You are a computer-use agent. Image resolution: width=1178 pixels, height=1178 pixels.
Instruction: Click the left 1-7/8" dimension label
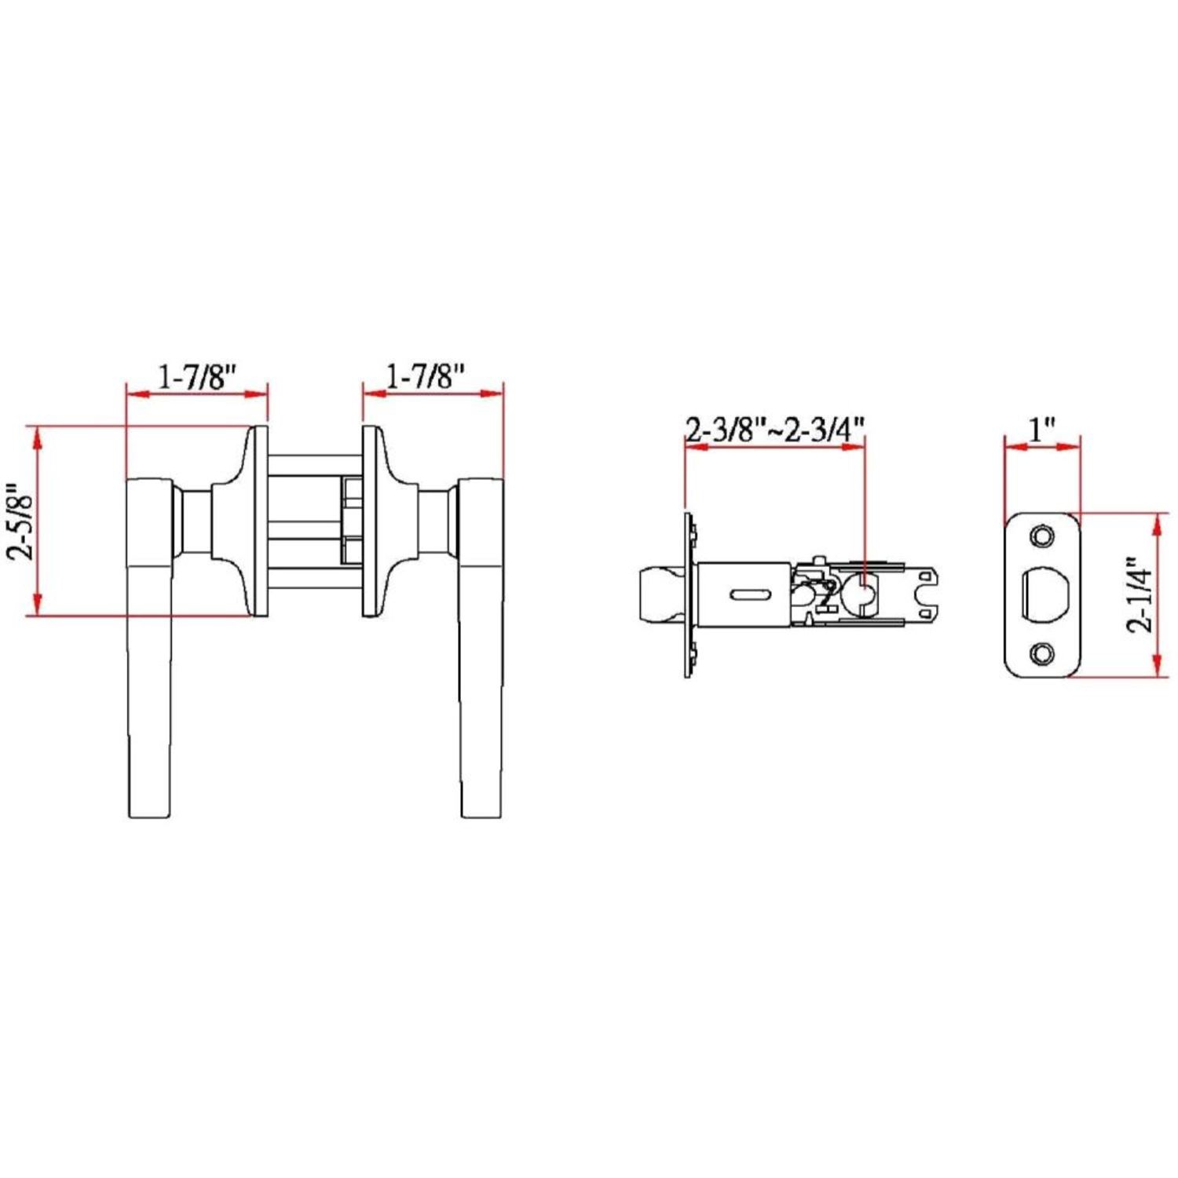point(197,377)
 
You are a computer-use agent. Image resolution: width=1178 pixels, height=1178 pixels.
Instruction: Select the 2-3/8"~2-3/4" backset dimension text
point(775,430)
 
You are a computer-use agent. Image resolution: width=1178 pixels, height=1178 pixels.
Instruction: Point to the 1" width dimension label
point(1041,430)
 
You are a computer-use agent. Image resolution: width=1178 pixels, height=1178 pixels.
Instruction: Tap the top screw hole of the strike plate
point(1043,536)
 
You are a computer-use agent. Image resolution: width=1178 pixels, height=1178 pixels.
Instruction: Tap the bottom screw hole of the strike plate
point(1043,653)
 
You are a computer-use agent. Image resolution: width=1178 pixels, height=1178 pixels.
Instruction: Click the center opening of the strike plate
point(1042,594)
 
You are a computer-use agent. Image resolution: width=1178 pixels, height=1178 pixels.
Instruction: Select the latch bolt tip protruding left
point(660,594)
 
